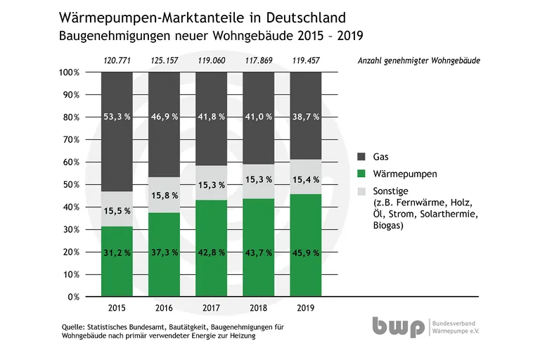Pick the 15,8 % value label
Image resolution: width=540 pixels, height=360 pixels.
(x=164, y=195)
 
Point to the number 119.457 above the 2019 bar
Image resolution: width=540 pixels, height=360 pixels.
(x=306, y=60)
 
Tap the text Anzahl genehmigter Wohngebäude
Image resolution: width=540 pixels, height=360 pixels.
(x=419, y=60)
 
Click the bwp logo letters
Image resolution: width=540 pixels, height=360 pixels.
(x=399, y=328)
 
